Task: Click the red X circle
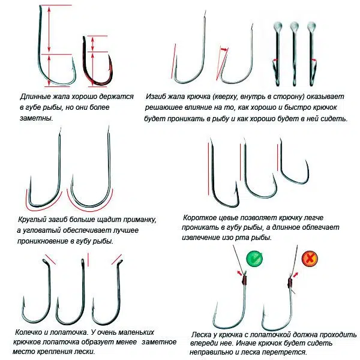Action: [x=310, y=259]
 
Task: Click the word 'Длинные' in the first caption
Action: [x=35, y=97]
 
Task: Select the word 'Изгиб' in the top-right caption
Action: [x=157, y=97]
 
